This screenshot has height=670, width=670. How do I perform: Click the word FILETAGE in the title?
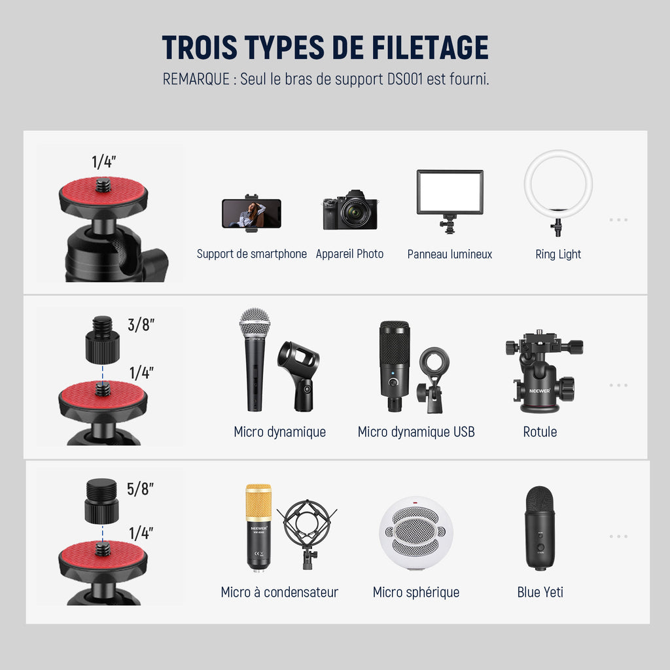(430, 47)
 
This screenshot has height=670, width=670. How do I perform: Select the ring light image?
(558, 192)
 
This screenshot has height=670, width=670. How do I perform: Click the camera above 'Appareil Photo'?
(351, 210)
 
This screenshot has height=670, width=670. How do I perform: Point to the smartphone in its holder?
(251, 213)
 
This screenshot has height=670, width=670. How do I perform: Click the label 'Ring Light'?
(558, 255)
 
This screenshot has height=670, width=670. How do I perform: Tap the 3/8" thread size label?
(141, 325)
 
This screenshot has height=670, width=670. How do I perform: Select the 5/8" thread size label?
(140, 488)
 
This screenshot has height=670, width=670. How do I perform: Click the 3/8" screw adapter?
(103, 340)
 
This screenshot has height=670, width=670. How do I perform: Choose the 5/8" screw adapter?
(101, 501)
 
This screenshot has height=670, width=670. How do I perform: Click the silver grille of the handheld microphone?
(255, 323)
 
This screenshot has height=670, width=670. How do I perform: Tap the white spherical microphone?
(415, 533)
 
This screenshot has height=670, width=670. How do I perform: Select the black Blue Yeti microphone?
(540, 528)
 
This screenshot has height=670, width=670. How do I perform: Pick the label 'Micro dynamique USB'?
(416, 432)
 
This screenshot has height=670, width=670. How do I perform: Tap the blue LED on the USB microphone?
(393, 373)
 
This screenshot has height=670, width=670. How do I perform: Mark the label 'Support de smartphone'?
(252, 255)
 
